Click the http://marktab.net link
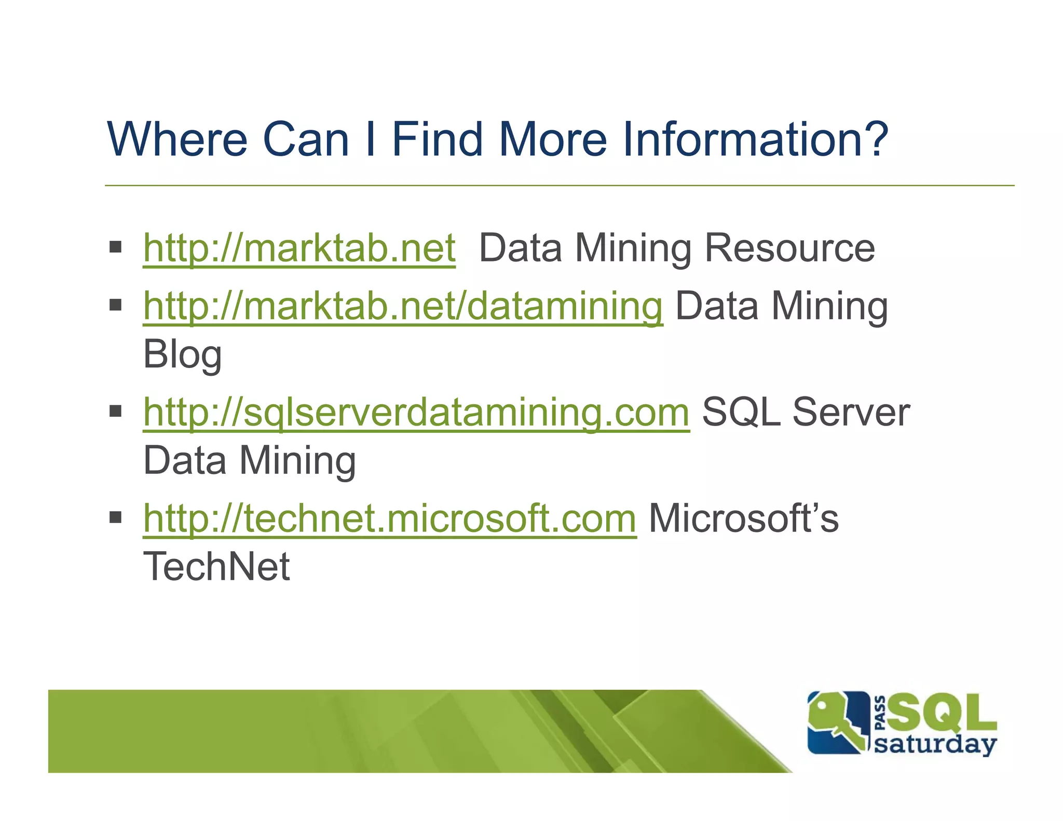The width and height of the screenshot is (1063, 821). [x=299, y=249]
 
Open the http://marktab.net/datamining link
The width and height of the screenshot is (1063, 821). [x=403, y=306]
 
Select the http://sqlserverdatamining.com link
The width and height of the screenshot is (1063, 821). [x=416, y=413]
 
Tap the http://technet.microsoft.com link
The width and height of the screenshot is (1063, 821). [x=389, y=518]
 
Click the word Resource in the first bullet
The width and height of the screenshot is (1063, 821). [x=789, y=249]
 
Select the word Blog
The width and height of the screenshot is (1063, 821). [x=182, y=355]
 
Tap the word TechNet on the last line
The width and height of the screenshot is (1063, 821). [x=216, y=567]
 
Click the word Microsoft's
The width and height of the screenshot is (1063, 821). [x=743, y=518]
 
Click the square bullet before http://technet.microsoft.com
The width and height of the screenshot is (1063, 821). [x=115, y=517]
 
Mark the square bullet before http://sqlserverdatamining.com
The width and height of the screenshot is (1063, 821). [x=115, y=412]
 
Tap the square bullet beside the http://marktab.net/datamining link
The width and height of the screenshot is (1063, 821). [x=115, y=305]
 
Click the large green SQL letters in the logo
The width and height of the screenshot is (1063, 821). [x=942, y=712]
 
